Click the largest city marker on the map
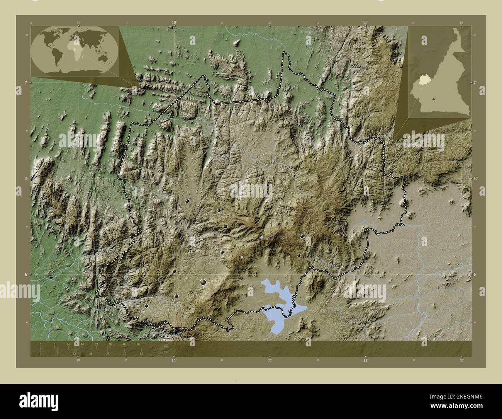(203, 283)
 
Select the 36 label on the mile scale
(141, 354)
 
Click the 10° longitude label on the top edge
(174, 23)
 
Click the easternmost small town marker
(302, 236)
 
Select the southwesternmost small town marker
(146, 306)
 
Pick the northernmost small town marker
(187, 201)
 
